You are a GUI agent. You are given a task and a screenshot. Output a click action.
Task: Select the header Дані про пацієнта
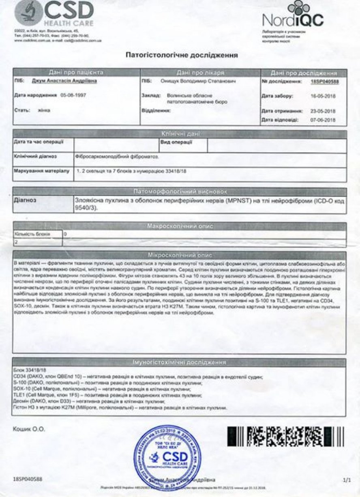tap(76, 73)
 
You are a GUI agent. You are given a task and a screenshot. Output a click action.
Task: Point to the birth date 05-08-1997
tap(73, 95)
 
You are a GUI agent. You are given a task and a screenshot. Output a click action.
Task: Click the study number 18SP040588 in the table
tap(324, 82)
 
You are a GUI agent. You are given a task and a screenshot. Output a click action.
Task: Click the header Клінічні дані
tap(180, 134)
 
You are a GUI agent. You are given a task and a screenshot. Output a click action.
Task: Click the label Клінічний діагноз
tap(35, 156)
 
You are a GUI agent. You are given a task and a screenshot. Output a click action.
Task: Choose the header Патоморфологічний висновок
tap(180, 191)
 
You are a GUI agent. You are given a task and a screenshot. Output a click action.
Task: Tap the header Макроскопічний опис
tap(180, 226)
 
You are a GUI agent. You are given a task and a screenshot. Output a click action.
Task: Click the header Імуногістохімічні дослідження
tap(180, 362)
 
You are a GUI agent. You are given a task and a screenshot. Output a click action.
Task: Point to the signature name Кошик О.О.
tap(30, 429)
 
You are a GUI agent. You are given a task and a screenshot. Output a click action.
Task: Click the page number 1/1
tap(346, 480)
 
